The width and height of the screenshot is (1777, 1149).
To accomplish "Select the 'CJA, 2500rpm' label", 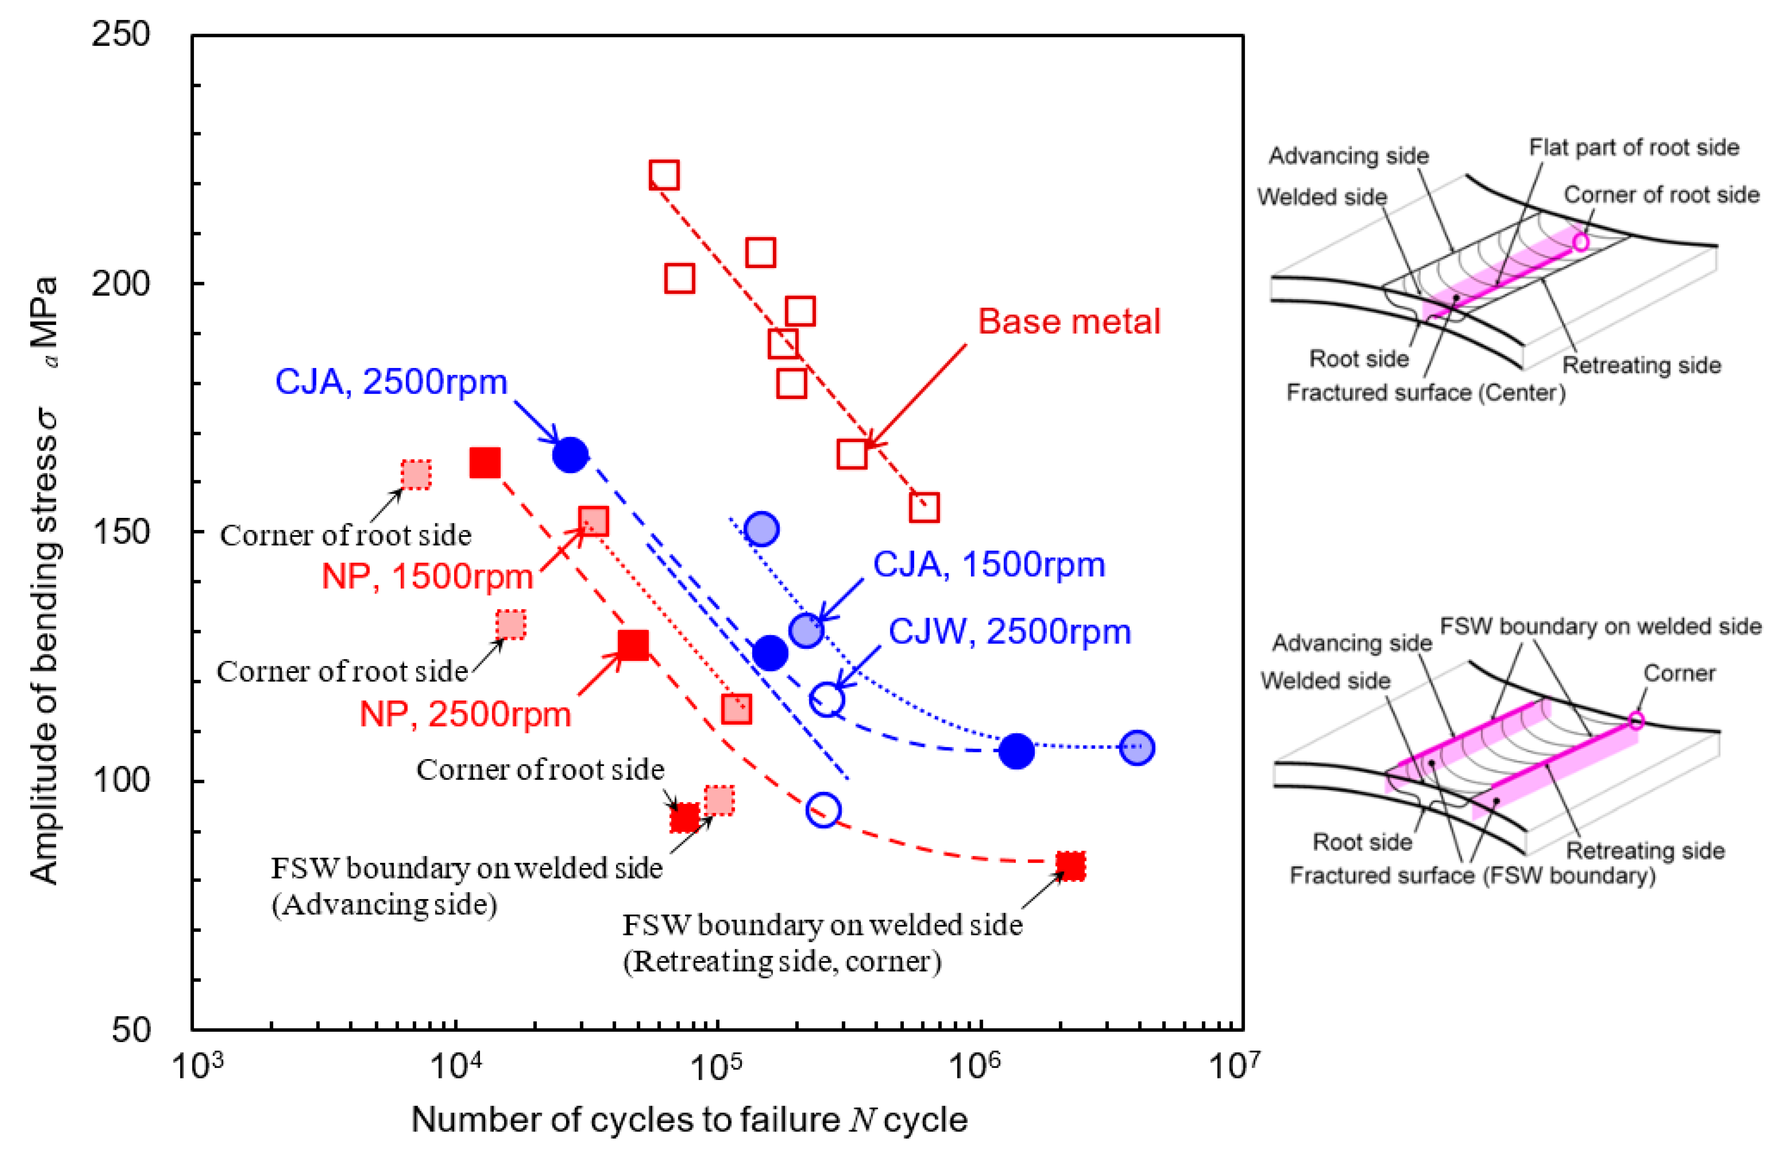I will pos(391,382).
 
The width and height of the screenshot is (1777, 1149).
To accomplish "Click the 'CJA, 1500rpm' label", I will pos(988,565).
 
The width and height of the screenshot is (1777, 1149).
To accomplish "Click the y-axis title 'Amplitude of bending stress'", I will pos(45,582).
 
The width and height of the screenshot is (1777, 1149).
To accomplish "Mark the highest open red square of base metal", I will pos(663,174).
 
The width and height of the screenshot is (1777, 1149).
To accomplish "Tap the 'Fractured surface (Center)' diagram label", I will pos(1425,392).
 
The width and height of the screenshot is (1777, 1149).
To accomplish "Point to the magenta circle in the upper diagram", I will pos(1580,242).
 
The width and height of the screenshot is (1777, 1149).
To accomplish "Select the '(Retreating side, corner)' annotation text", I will pos(782,962).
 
